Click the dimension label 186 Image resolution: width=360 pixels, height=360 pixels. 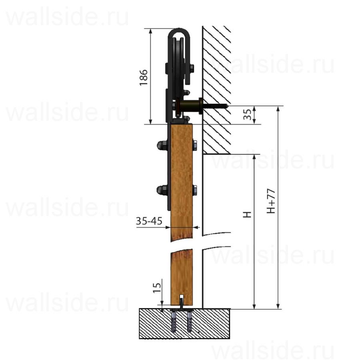coord(144,77)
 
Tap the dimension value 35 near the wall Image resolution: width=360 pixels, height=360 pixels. coord(247,114)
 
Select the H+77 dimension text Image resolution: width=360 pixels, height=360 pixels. coord(271,201)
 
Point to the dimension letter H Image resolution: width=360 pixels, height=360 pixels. coord(247,214)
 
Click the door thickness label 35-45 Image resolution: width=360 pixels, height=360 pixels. coord(149,221)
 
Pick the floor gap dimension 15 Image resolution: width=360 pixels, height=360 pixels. coord(157,288)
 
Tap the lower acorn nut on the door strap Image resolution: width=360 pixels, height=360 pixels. coord(162,190)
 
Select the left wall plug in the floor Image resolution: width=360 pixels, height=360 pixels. coord(174,322)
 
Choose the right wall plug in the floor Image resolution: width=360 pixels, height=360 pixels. coord(190,322)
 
